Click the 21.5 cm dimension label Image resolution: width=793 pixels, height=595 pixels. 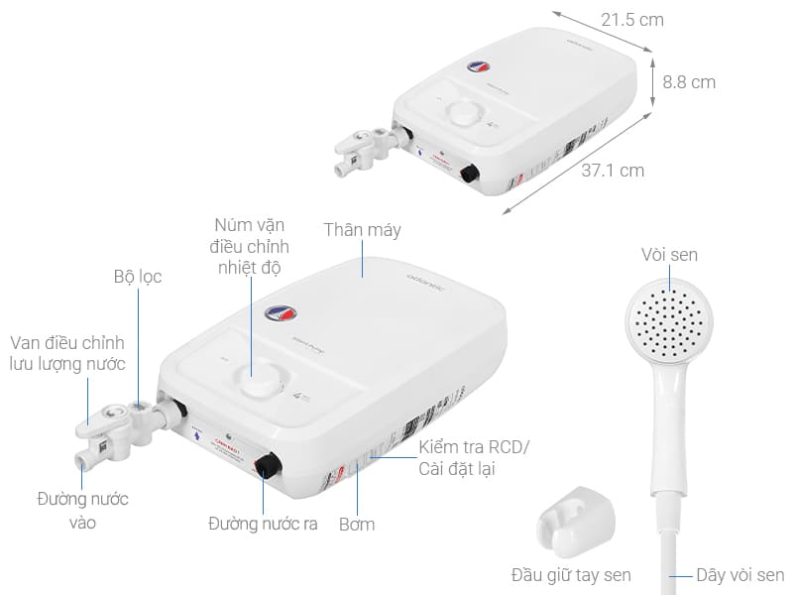click(631, 20)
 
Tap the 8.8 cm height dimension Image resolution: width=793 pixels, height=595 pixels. click(689, 83)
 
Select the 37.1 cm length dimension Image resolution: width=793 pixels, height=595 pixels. click(612, 171)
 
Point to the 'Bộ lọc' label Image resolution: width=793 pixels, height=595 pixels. click(137, 278)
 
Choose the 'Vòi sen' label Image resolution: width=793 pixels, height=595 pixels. click(669, 256)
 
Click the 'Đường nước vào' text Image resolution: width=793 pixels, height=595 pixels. click(83, 511)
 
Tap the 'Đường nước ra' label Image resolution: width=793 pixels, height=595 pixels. click(263, 524)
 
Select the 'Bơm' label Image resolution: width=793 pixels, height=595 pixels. click(357, 524)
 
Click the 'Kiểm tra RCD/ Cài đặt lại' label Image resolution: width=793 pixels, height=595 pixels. click(474, 458)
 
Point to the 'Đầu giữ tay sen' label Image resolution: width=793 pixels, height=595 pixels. click(571, 575)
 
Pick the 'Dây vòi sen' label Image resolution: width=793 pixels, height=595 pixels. click(739, 575)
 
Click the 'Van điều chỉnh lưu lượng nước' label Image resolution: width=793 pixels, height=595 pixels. click(68, 354)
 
